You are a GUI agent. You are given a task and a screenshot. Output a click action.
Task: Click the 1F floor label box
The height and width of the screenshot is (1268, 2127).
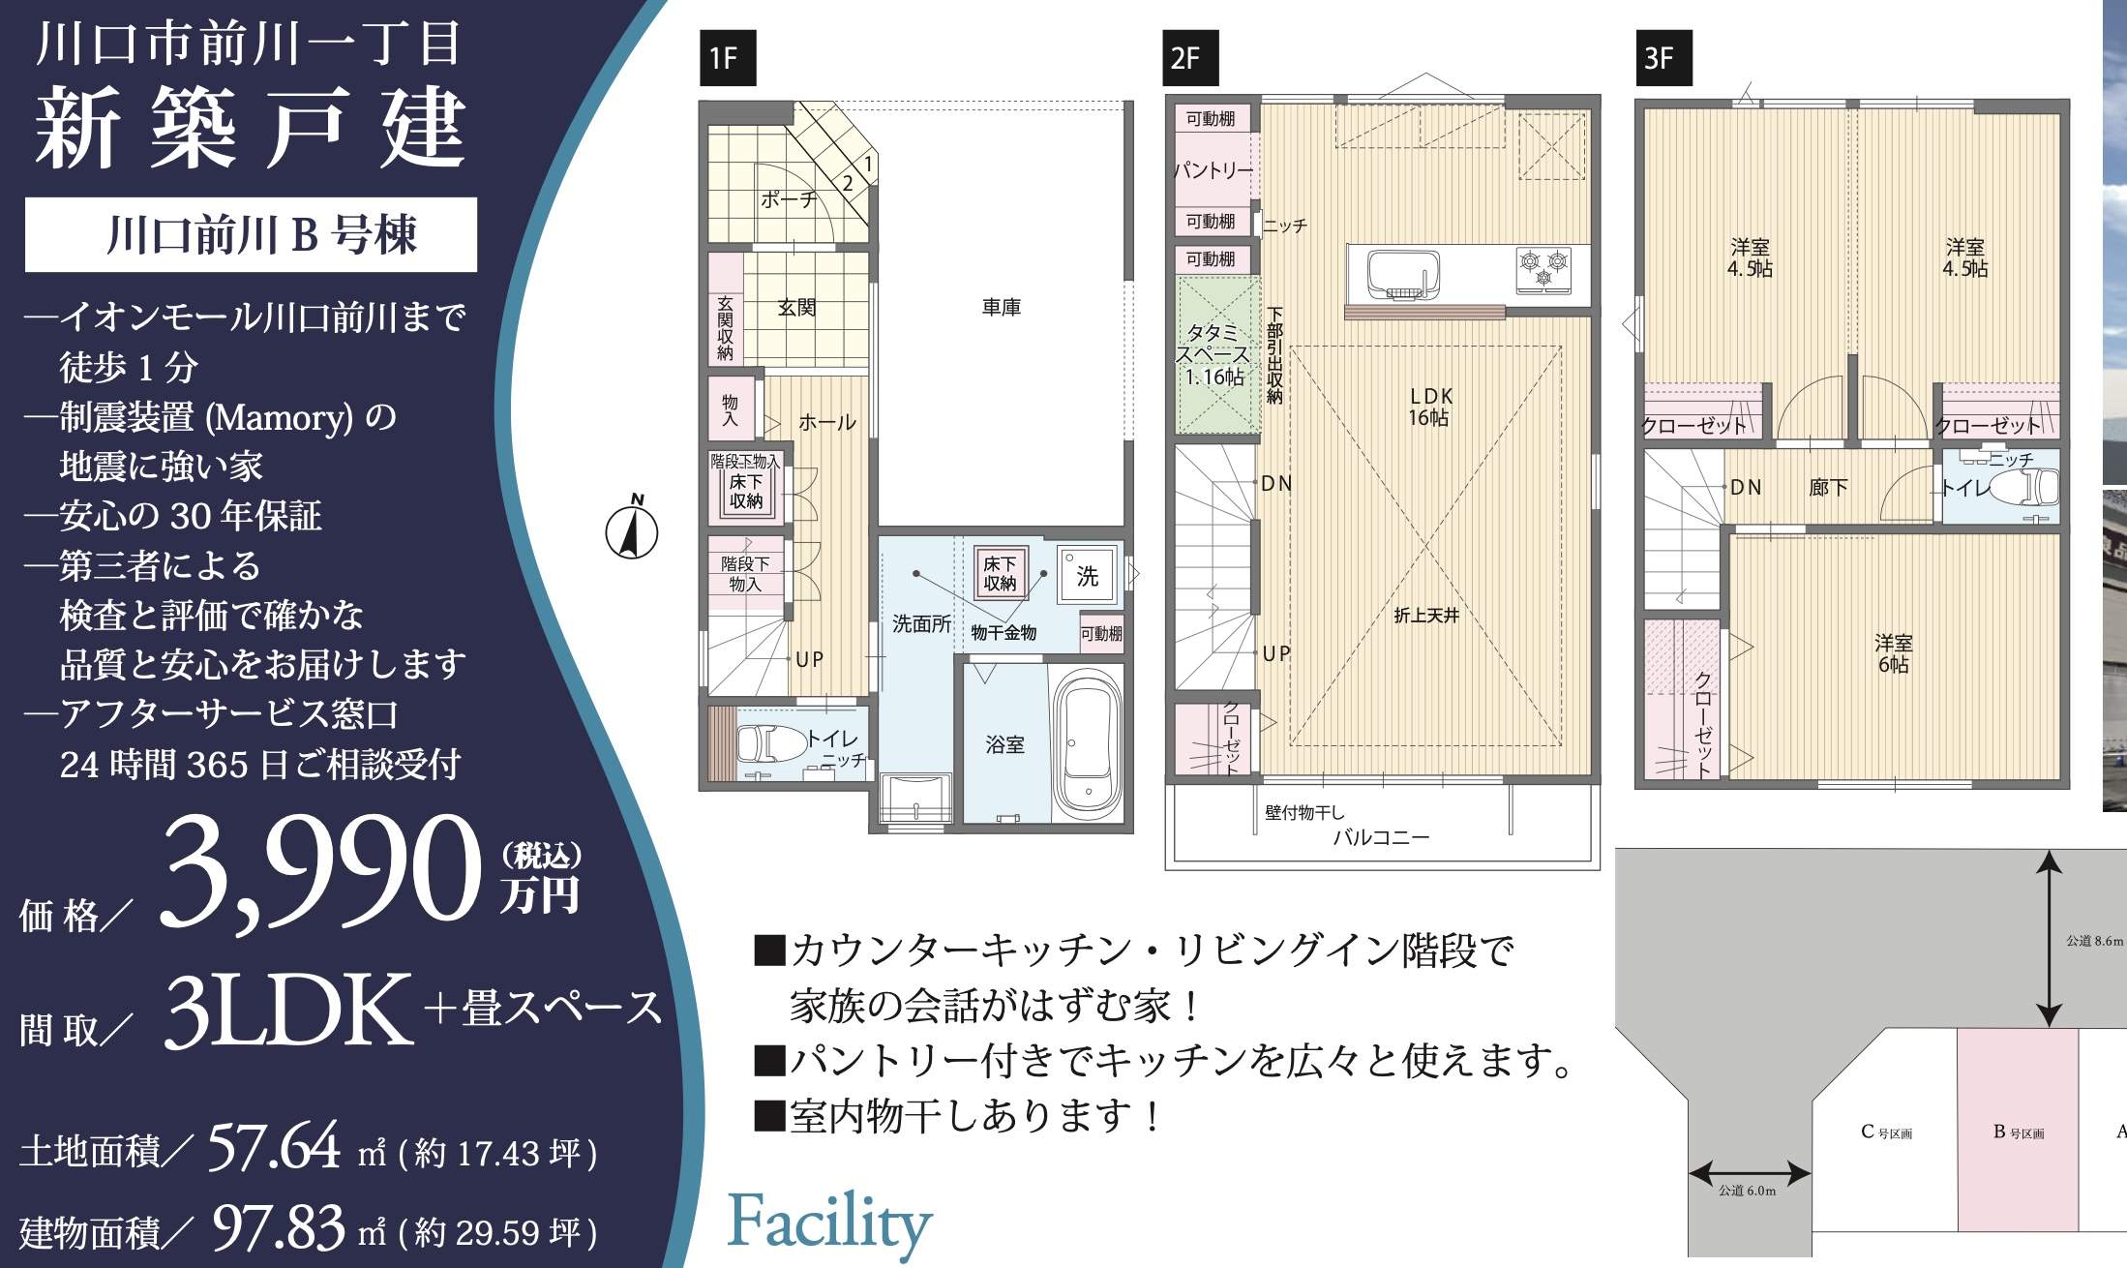(726, 59)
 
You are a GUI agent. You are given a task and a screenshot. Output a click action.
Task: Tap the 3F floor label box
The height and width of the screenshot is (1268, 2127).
(1663, 59)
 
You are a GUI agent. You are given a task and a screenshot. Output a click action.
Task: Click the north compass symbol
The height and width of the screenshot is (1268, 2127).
(632, 529)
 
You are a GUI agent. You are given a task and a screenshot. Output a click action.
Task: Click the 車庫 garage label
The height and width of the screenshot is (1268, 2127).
(1001, 308)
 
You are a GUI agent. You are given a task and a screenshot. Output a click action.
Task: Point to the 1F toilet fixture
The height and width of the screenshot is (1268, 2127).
(770, 744)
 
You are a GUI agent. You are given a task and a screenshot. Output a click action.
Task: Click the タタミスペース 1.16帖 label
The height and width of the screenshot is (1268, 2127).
(1215, 355)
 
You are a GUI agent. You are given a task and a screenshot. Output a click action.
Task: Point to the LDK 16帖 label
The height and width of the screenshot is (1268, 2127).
(1430, 407)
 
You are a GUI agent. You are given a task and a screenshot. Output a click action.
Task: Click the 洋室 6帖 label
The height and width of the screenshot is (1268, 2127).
(1893, 654)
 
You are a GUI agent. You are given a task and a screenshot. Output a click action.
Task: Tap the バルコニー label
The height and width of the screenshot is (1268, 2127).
(1381, 838)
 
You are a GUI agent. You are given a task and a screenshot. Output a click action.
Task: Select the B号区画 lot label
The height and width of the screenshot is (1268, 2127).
(2019, 1132)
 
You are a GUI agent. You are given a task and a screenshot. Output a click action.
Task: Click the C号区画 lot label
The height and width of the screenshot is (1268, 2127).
(1886, 1132)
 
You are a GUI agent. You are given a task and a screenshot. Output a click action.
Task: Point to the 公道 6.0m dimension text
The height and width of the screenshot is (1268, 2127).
(1748, 1191)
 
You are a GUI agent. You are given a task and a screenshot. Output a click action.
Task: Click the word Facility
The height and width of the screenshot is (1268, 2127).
(829, 1223)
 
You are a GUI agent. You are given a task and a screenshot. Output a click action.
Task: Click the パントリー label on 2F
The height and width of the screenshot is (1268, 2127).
(1213, 170)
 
